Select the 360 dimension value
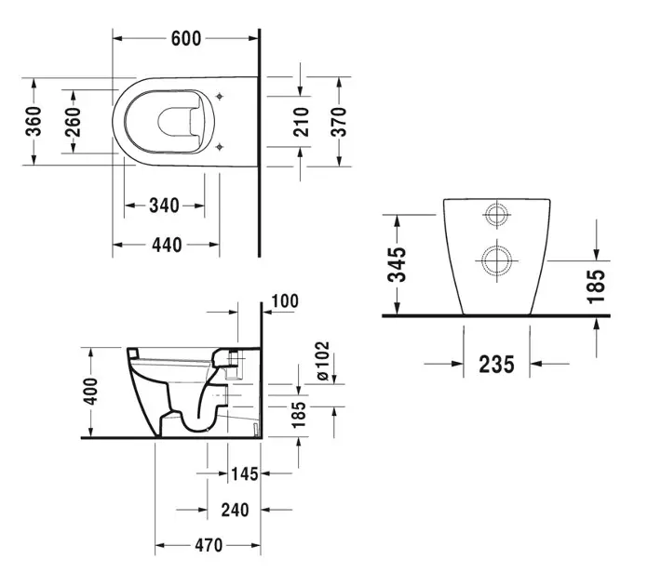(34, 121)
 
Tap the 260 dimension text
(73, 121)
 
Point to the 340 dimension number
(164, 205)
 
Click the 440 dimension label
(165, 246)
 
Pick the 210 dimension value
(301, 122)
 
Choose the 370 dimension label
(338, 122)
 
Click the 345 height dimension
(398, 265)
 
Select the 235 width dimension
(496, 364)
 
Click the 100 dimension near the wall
(285, 301)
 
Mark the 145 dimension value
(244, 474)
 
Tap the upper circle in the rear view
(495, 216)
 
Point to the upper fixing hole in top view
(218, 94)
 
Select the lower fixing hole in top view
(218, 147)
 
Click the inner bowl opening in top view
(178, 121)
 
